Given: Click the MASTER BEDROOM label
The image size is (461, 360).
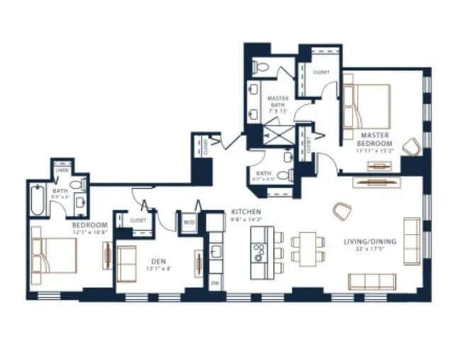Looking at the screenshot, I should pyautogui.click(x=373, y=138).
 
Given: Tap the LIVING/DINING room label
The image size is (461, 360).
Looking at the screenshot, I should pyautogui.click(x=370, y=242).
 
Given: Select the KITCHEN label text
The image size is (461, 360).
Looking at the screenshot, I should pyautogui.click(x=245, y=212).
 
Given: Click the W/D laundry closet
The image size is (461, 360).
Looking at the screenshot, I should pyautogui.click(x=189, y=222).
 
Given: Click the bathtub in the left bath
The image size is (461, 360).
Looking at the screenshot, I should pyautogui.click(x=37, y=201).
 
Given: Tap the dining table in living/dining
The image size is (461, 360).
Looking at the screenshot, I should pyautogui.click(x=307, y=249).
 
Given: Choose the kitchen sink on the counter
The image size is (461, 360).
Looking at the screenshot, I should pyautogui.click(x=216, y=251).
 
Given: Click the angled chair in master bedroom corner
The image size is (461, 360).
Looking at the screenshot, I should pyautogui.click(x=411, y=147).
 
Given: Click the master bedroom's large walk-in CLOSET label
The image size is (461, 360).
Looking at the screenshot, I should pyautogui.click(x=321, y=72).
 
